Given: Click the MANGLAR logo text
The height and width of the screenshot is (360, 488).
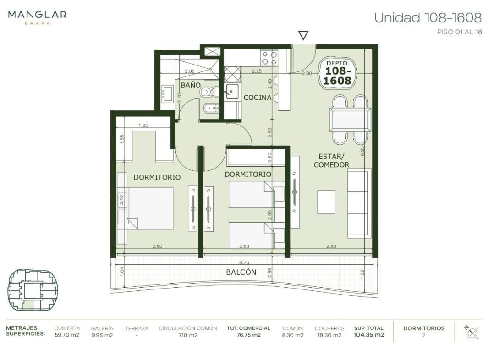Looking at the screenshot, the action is click(x=37, y=15).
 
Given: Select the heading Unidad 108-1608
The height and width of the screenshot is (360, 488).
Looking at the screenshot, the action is click(x=428, y=18).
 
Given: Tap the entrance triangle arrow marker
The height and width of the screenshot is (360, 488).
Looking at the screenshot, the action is click(x=303, y=35).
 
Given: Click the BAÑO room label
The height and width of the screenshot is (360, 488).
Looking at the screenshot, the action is click(x=191, y=85).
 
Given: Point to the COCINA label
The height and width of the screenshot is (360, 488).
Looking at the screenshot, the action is click(x=258, y=98).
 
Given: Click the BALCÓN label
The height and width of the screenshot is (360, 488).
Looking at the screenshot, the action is click(x=241, y=272).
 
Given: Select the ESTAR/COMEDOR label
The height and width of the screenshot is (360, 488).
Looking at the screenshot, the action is click(x=331, y=161).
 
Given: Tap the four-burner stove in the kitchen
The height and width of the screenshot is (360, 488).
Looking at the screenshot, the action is click(x=269, y=58).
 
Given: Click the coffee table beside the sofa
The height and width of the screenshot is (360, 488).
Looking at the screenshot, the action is click(x=326, y=202).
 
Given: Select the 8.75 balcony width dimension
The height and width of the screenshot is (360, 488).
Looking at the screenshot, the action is click(x=244, y=262).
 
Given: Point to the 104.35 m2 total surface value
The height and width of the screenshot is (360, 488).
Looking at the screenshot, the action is click(x=368, y=335).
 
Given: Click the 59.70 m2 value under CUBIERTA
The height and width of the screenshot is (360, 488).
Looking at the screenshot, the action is click(x=67, y=335).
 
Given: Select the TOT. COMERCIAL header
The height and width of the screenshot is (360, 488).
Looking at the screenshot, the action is click(x=248, y=328).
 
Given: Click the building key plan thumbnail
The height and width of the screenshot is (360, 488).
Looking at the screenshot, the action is click(x=33, y=290).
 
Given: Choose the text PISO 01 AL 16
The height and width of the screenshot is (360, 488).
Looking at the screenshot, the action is click(x=460, y=32).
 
